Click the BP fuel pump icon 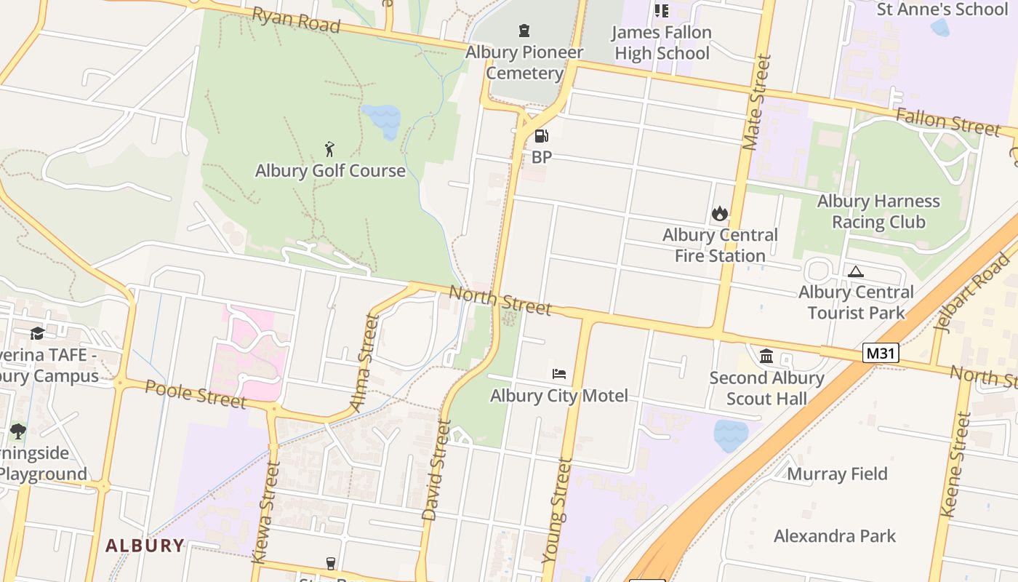[541, 136]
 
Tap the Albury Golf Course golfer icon [329, 150]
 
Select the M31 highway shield [881, 354]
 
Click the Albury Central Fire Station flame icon [720, 213]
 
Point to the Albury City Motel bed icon [558, 374]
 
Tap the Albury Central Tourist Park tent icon [856, 271]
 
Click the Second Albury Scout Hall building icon [766, 356]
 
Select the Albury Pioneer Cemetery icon [524, 31]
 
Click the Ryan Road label [296, 20]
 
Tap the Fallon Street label [947, 121]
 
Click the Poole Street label [196, 394]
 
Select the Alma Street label [364, 362]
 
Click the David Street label [436, 470]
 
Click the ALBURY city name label [145, 545]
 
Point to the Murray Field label [837, 474]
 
